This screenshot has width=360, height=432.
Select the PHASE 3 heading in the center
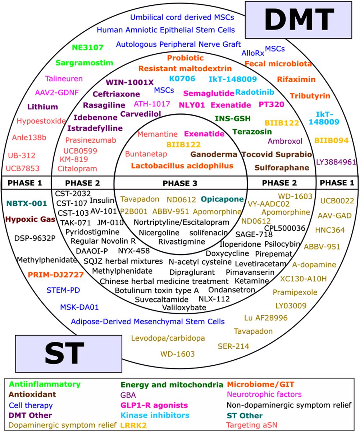coord(180,183)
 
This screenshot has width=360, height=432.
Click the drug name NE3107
coord(87,47)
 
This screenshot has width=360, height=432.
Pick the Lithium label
coord(42,107)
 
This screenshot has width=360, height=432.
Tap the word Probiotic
coord(185,58)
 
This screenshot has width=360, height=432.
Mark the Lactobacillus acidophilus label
coord(182,166)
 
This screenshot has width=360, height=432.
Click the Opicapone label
coord(222,199)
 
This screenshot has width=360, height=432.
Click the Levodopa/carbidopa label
coord(168,338)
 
